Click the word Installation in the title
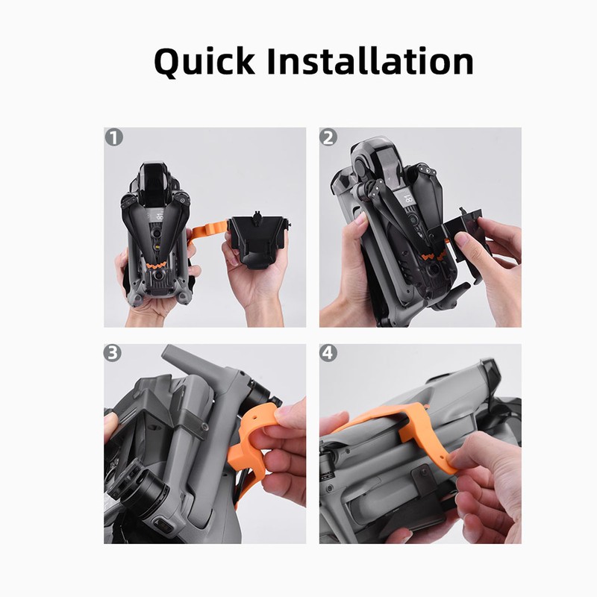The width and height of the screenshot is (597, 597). point(370,61)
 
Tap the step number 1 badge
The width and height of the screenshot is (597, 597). point(114,137)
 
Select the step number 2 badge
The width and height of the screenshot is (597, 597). point(329,137)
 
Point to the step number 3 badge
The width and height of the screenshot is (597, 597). point(114,354)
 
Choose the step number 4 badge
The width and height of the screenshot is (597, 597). point(329,354)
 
